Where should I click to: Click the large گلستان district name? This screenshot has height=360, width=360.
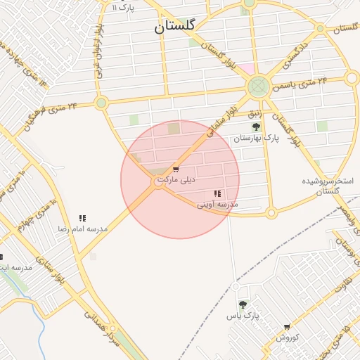(x=175, y=27)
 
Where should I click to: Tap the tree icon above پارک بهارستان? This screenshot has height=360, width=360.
(x=256, y=127)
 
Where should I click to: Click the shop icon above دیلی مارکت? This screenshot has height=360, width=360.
(x=175, y=169)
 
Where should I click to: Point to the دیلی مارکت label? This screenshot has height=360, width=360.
(x=175, y=180)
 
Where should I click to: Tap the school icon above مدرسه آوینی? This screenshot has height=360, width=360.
(x=217, y=193)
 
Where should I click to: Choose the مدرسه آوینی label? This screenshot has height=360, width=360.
(x=217, y=204)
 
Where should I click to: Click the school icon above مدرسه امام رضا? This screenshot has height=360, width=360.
(x=82, y=219)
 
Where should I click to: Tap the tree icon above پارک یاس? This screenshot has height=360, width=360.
(x=243, y=304)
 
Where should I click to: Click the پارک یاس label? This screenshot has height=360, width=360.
(x=243, y=316)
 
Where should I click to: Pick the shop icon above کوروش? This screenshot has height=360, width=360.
(x=287, y=327)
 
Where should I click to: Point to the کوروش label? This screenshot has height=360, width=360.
(x=287, y=337)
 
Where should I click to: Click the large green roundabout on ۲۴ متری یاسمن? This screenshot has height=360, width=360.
(x=258, y=87)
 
